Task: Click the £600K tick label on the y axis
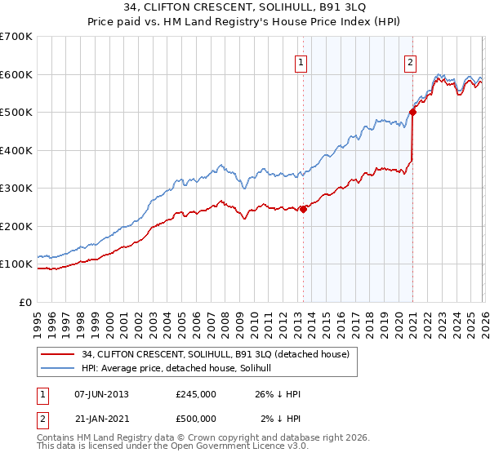pos(16,74)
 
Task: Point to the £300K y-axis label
pos(16,188)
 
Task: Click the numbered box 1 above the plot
pos(301,62)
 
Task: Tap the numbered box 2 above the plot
pos(410,62)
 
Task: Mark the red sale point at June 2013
pos(303,209)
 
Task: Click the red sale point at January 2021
pos(412,113)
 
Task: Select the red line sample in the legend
pos(58,354)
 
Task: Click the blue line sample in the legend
pos(58,368)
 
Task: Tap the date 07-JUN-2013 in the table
pos(101,394)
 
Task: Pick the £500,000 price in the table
pos(196,419)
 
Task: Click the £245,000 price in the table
pos(196,394)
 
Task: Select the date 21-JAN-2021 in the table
pos(101,419)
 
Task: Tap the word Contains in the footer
pos(56,437)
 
